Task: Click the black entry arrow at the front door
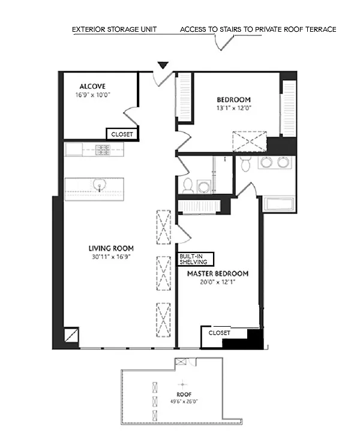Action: pyautogui.click(x=163, y=65)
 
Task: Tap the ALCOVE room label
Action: pyautogui.click(x=92, y=86)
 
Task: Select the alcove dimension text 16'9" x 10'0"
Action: pyautogui.click(x=93, y=95)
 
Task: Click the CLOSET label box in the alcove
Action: pyautogui.click(x=122, y=134)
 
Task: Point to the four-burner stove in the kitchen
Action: pyautogui.click(x=103, y=150)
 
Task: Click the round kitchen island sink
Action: pyautogui.click(x=99, y=185)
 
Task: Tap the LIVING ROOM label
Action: pyautogui.click(x=111, y=249)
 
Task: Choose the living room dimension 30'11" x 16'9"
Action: pyautogui.click(x=111, y=257)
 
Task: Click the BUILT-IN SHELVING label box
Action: pyautogui.click(x=195, y=259)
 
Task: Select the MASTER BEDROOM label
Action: pyautogui.click(x=218, y=274)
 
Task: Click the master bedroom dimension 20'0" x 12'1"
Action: pyautogui.click(x=217, y=282)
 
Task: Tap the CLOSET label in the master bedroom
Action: pyautogui.click(x=219, y=333)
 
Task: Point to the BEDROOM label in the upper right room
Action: pyautogui.click(x=233, y=100)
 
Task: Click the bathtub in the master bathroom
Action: pyautogui.click(x=279, y=204)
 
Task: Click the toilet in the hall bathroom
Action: pyautogui.click(x=188, y=185)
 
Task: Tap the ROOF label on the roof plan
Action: pyautogui.click(x=184, y=394)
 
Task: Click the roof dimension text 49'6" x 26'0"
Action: pyautogui.click(x=184, y=401)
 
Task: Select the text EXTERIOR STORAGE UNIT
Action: pyautogui.click(x=114, y=29)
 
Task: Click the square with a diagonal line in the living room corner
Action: pyautogui.click(x=71, y=335)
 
